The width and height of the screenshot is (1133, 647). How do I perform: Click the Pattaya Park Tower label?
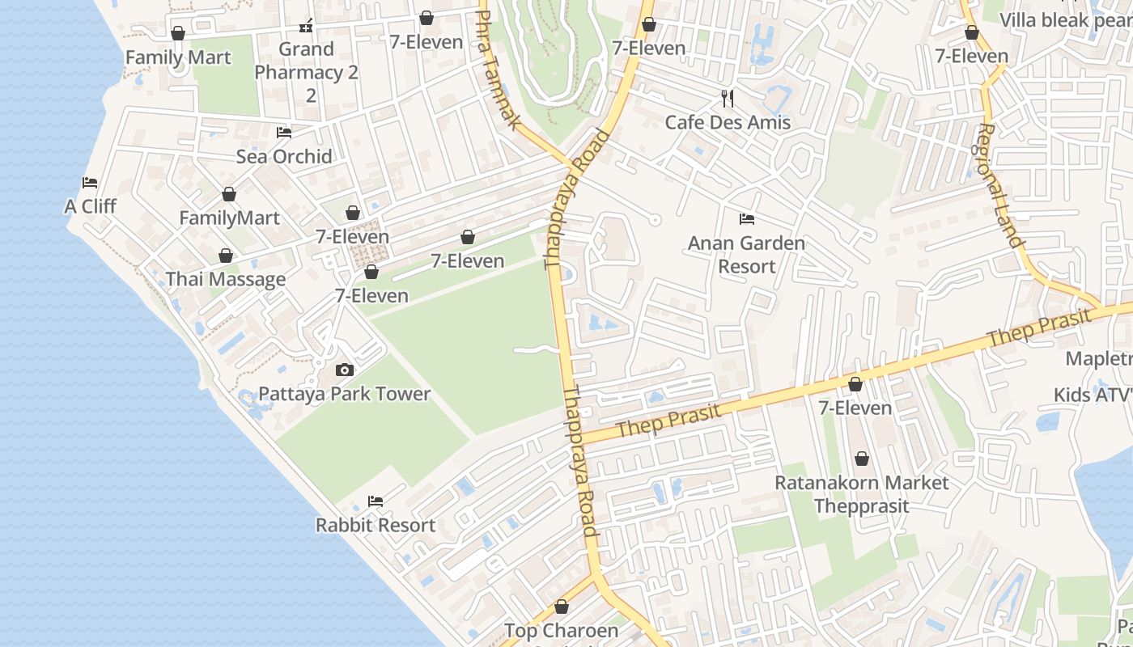[x=344, y=394]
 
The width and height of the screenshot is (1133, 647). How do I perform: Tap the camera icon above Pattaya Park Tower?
[x=344, y=370]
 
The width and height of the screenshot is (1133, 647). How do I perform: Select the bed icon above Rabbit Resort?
[x=376, y=501]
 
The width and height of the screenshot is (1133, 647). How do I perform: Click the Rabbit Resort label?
[x=376, y=525]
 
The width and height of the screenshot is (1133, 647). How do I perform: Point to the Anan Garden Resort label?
[x=746, y=254]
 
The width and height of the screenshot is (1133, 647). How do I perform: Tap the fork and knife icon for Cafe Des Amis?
[x=728, y=99]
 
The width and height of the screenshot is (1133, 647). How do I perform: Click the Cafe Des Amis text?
[x=728, y=122]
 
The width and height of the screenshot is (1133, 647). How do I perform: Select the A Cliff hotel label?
[x=90, y=206]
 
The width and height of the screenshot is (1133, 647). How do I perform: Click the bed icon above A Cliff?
[x=90, y=183]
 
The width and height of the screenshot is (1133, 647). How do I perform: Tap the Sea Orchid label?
[x=284, y=156]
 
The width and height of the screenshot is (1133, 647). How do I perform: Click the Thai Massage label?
[x=225, y=280]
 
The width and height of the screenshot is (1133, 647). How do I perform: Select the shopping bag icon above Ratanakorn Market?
[x=862, y=459]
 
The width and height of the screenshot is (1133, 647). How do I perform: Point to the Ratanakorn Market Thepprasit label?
[x=862, y=493]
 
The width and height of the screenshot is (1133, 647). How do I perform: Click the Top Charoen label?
[x=561, y=630]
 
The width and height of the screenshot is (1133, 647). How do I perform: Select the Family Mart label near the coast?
[x=177, y=57]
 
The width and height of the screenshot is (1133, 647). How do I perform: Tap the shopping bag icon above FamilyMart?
[x=229, y=195]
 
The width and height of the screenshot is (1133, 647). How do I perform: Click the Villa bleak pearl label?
[x=1064, y=19]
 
